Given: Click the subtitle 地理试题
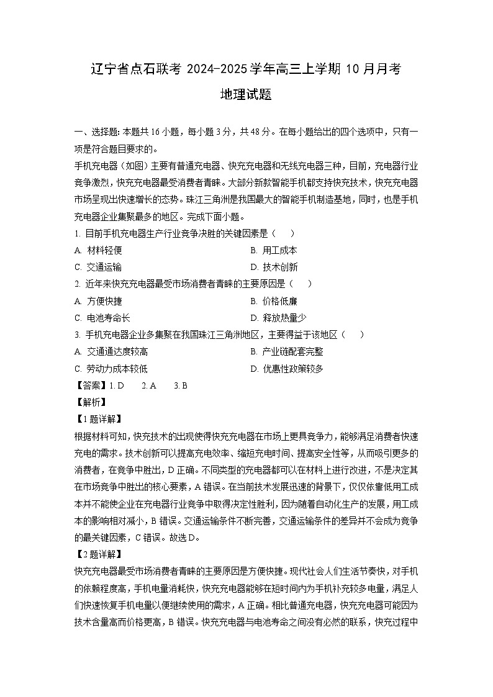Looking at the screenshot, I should [246, 96].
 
